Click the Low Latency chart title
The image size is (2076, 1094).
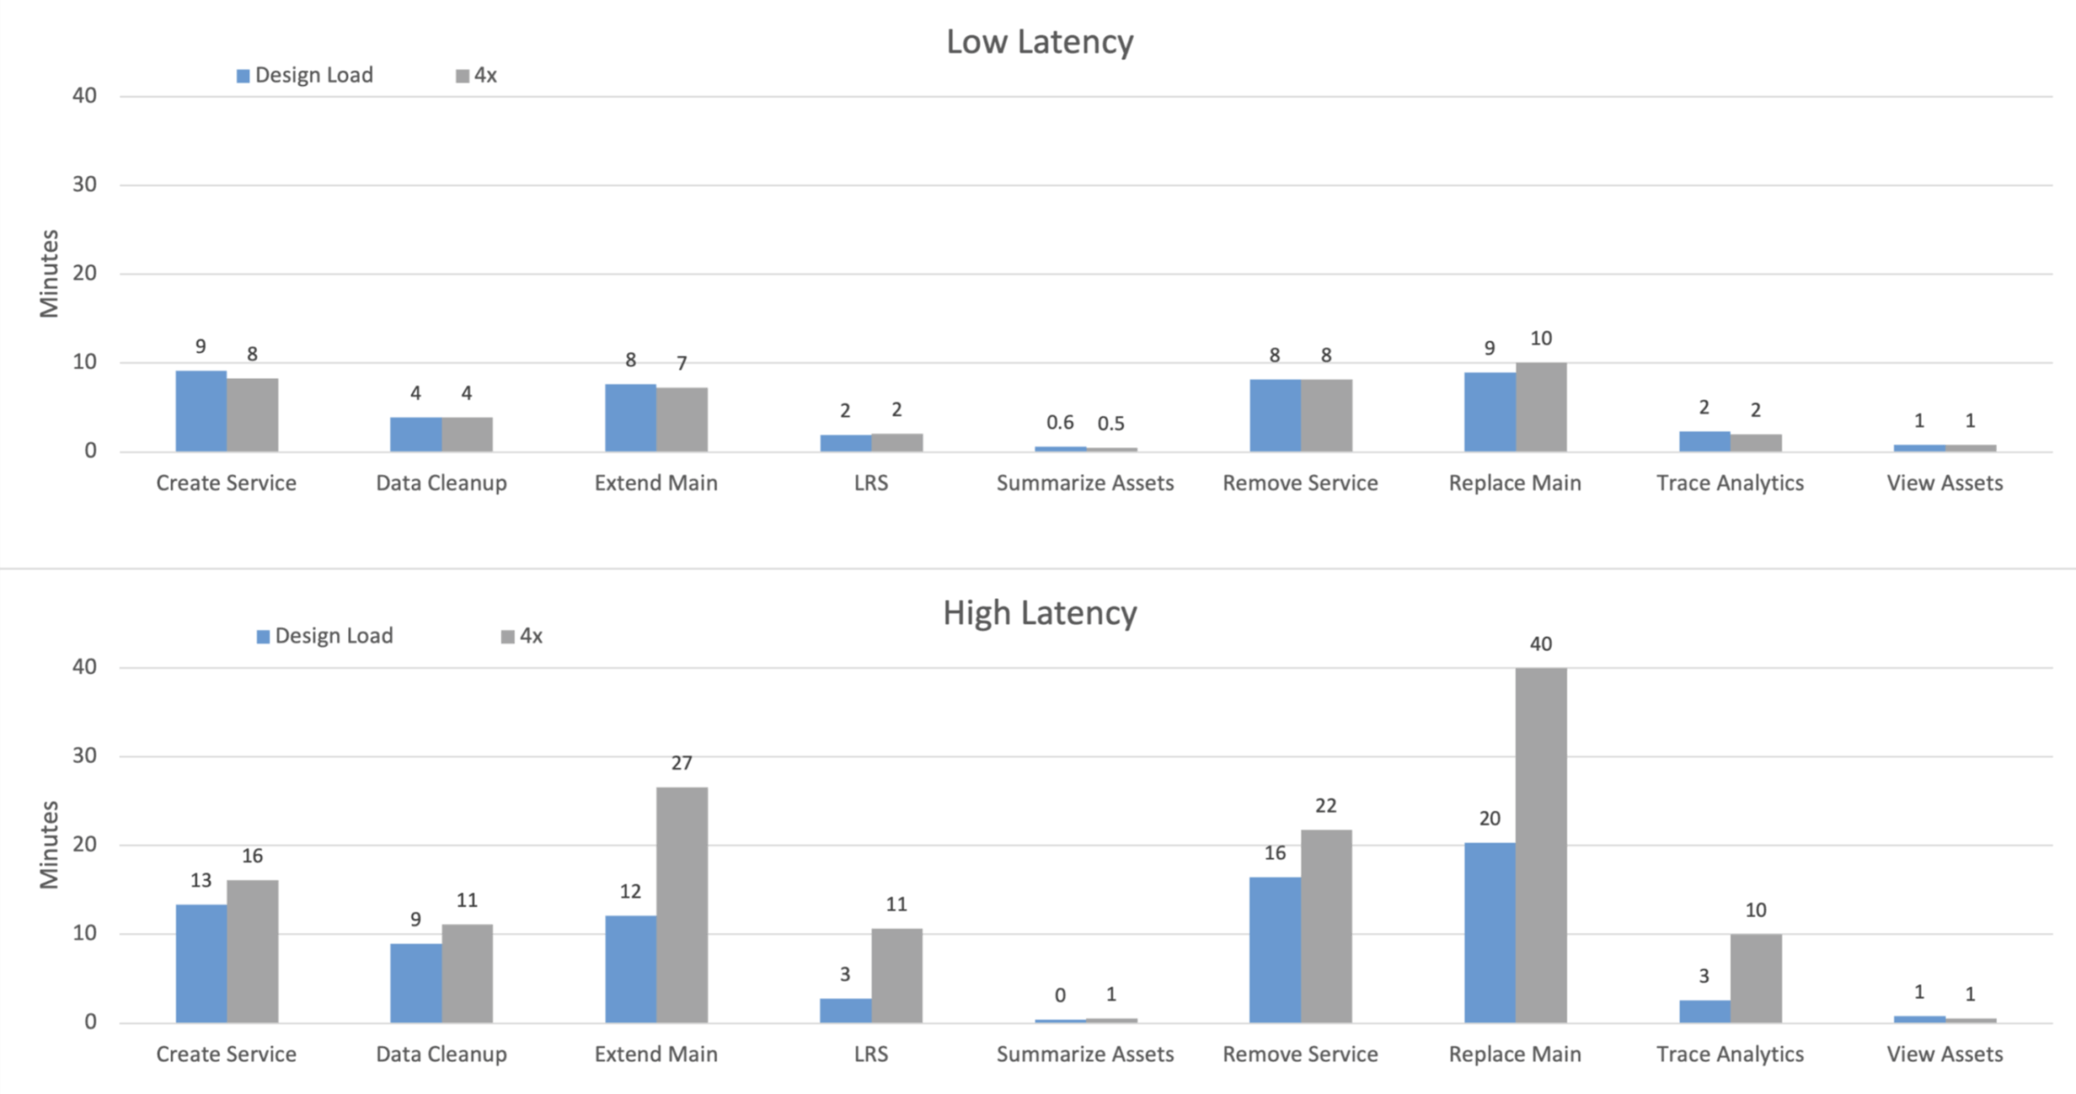[x=1040, y=42]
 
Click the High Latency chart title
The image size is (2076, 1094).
[x=1040, y=613]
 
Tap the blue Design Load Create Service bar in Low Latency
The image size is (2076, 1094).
[x=201, y=411]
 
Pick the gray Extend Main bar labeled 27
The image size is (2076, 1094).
[x=681, y=904]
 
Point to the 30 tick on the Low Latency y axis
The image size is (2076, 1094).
[x=84, y=185]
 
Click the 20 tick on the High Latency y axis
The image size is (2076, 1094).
[x=84, y=845]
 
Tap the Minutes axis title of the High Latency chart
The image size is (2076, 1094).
[x=49, y=845]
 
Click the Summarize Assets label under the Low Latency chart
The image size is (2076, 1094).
[x=1084, y=483]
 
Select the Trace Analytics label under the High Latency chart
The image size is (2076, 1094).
[x=1730, y=1054]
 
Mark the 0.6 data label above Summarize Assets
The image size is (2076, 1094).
[x=1059, y=423]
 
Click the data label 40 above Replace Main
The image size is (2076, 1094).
[x=1541, y=644]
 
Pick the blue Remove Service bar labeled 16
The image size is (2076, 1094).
[x=1275, y=949]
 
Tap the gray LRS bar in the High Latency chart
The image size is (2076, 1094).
[x=896, y=975]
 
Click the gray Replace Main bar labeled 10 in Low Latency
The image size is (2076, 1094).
[x=1541, y=407]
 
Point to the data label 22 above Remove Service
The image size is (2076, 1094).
[x=1326, y=806]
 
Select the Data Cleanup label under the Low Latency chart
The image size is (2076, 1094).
[x=441, y=483]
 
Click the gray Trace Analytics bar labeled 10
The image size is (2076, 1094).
[x=1756, y=977]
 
